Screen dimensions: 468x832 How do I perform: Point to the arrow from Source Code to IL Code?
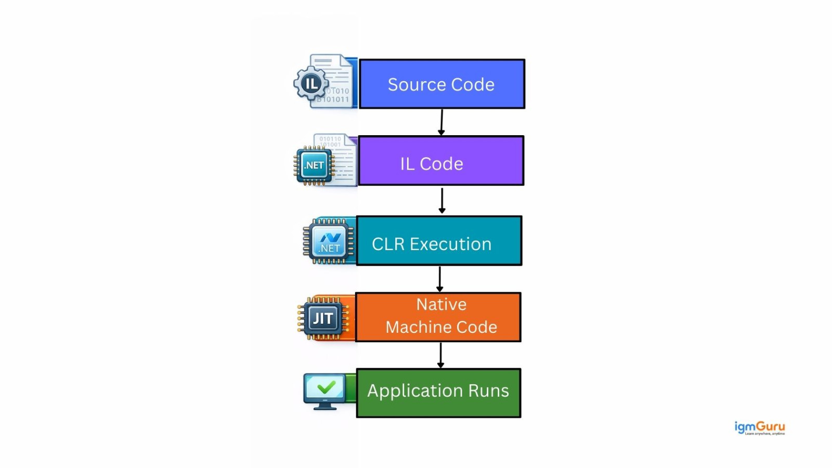[441, 122]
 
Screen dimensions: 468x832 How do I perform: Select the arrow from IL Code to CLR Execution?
[442, 200]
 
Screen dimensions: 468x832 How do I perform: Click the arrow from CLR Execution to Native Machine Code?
[440, 279]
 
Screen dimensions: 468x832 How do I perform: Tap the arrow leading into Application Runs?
[440, 355]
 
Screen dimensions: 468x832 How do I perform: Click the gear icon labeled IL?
[311, 83]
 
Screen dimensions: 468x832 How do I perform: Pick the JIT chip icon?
[322, 318]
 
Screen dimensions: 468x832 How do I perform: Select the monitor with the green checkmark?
[324, 391]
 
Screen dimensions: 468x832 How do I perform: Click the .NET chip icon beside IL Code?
[314, 165]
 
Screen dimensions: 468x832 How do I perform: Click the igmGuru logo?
[759, 428]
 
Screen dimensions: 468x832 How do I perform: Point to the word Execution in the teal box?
[450, 244]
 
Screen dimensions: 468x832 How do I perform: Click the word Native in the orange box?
[441, 304]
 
